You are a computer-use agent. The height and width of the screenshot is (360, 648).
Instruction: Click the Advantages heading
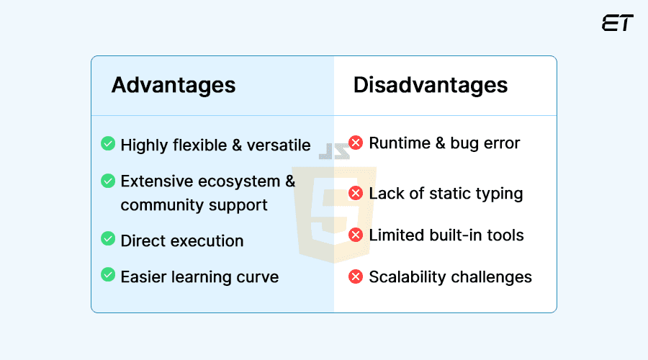click(174, 85)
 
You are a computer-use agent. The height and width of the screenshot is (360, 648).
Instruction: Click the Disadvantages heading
click(430, 85)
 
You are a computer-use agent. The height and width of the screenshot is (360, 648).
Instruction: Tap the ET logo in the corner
click(617, 23)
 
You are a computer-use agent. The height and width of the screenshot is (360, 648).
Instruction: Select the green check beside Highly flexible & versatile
click(108, 144)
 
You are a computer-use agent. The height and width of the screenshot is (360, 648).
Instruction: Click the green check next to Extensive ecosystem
click(108, 181)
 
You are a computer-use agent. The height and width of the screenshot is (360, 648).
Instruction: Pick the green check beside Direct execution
click(108, 239)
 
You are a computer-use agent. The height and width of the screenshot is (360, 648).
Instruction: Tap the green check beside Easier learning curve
click(108, 274)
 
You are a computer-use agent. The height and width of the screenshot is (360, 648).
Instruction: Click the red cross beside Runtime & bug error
click(356, 143)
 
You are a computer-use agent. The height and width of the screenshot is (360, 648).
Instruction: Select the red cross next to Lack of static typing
click(356, 193)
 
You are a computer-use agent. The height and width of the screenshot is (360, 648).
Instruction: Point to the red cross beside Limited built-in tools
click(356, 235)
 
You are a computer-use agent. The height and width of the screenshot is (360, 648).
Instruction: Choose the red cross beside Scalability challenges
click(356, 276)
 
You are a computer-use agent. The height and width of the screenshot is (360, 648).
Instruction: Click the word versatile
click(279, 145)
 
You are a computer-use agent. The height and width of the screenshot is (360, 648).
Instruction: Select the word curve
click(258, 277)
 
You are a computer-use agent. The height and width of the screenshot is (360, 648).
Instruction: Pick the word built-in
click(456, 235)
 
